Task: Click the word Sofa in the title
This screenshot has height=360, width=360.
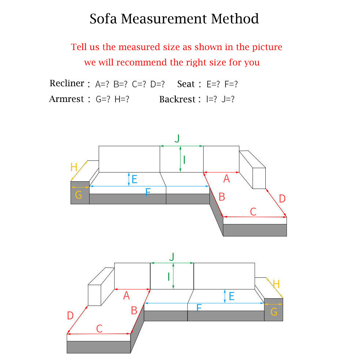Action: coord(103,19)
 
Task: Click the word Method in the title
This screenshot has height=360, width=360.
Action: coord(235,19)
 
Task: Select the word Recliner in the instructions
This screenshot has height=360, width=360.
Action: coord(67,83)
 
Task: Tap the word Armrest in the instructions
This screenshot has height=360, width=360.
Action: coord(67,99)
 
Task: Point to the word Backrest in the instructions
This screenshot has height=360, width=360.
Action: coord(177,99)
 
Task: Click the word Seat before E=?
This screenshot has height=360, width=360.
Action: coord(186,84)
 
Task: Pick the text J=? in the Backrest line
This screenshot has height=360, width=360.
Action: coord(228,99)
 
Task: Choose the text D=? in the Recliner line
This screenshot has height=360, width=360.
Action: coord(158,84)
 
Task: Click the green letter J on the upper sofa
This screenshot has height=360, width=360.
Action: coord(177,139)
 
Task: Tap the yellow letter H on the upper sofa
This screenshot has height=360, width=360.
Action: coord(74,167)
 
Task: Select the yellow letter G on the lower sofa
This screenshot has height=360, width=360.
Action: coord(274,312)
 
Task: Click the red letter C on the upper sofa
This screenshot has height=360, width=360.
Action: coord(253,212)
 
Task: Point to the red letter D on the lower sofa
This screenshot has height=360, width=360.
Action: coord(70,315)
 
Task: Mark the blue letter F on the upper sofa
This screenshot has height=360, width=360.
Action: coord(148,192)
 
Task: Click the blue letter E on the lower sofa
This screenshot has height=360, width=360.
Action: coord(232,296)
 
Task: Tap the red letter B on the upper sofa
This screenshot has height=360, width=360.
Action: coord(221,197)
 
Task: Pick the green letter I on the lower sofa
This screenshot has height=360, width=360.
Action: coord(169,277)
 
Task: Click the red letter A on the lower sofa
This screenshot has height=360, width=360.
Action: coord(126,295)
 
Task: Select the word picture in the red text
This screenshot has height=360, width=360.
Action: coord(267,47)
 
